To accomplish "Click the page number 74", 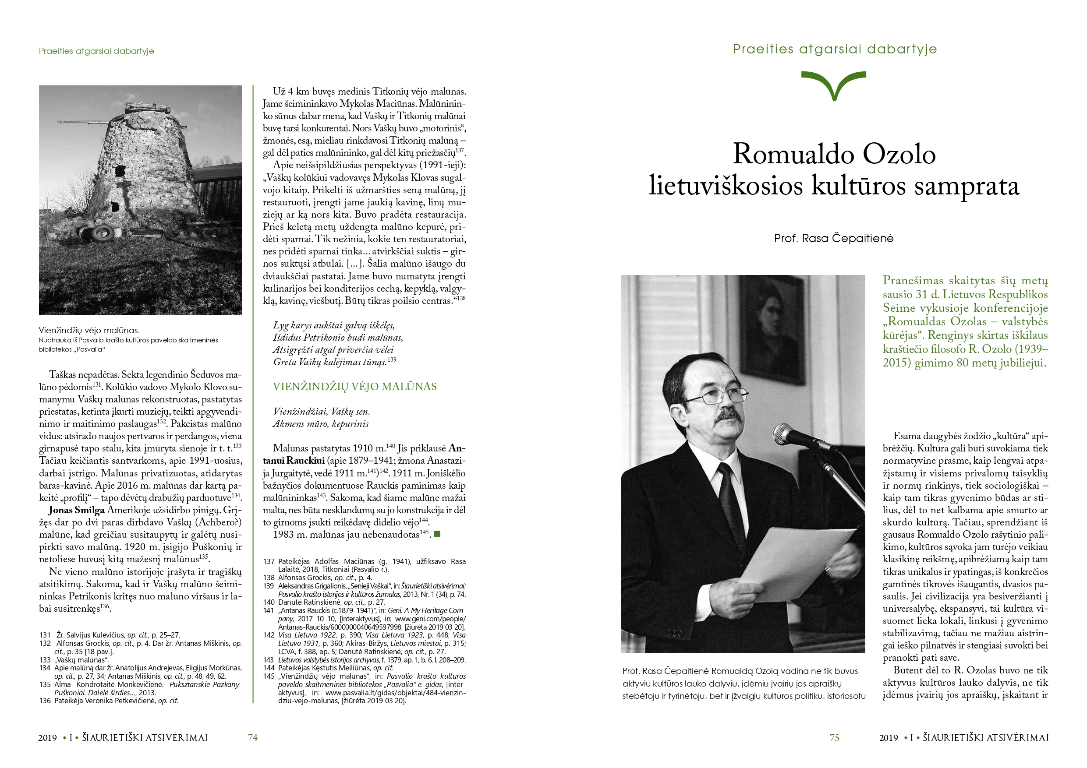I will (x=253, y=737).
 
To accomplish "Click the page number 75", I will (x=834, y=738).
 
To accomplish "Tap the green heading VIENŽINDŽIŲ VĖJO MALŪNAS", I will (x=354, y=387).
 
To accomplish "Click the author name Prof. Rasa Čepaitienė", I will (x=834, y=238).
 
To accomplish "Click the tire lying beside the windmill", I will (x=102, y=232).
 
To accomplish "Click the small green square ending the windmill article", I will (x=437, y=534).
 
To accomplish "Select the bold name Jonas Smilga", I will (x=76, y=510).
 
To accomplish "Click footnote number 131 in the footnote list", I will (x=45, y=635).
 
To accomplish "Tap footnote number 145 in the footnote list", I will (x=269, y=676).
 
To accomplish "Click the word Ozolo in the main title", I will (x=899, y=154).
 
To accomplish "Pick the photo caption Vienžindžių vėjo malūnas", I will (x=89, y=330).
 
